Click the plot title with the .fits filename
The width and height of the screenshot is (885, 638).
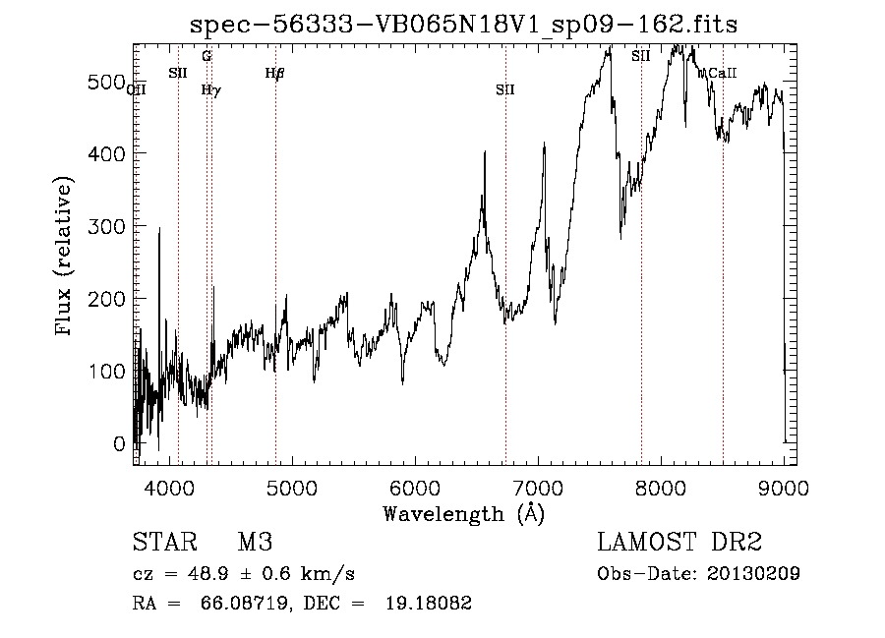463,24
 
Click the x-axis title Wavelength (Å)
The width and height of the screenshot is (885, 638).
463,513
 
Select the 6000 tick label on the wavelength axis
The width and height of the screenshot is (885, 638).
414,486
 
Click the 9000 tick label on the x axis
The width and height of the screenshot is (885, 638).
783,486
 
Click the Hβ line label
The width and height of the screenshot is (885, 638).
274,72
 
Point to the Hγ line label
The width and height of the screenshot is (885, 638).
210,89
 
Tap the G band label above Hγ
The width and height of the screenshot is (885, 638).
206,56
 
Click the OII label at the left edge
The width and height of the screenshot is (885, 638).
137,89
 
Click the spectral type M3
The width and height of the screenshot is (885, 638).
254,543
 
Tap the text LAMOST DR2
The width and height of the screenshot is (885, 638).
679,543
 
